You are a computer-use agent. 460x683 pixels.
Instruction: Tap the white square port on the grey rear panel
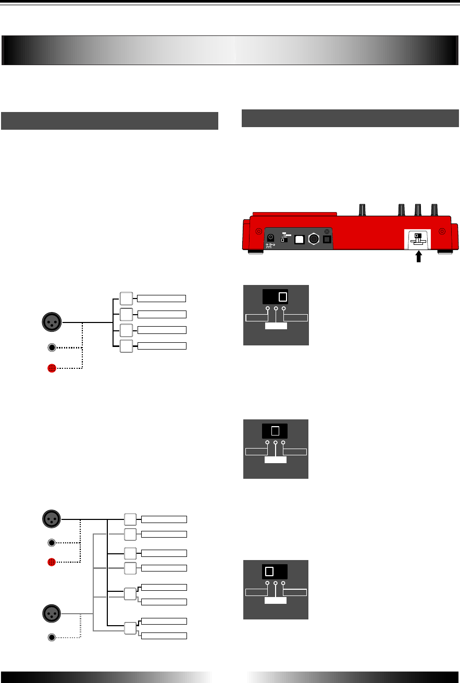[x=301, y=239]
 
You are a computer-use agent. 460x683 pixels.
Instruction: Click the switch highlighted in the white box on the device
[x=418, y=239]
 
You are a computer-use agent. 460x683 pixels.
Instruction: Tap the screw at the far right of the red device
[x=442, y=232]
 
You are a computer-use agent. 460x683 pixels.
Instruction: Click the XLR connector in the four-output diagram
[x=52, y=321]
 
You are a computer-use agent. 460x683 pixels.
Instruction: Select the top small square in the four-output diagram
[x=127, y=298]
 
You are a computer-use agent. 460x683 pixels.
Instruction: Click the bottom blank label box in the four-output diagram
[x=161, y=345]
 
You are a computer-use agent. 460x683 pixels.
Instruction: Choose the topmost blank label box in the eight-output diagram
[x=164, y=519]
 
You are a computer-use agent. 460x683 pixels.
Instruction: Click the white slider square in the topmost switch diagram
[x=283, y=297]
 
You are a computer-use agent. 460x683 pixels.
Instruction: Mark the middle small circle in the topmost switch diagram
[x=276, y=309]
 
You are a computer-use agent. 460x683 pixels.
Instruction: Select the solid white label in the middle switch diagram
[x=275, y=461]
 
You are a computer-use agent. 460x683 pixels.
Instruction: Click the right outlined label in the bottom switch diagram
[x=295, y=592]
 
